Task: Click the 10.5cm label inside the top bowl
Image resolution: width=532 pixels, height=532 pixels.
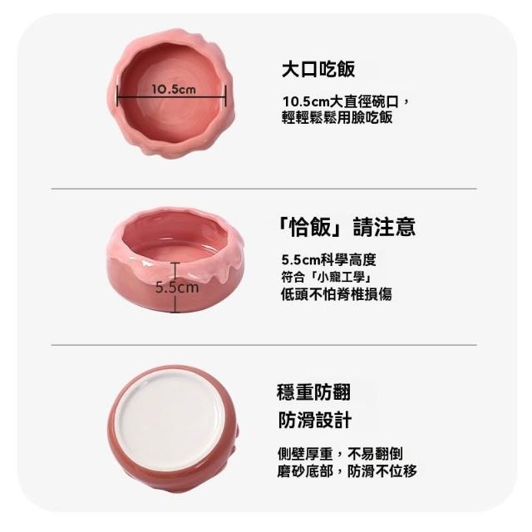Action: pyautogui.click(x=174, y=89)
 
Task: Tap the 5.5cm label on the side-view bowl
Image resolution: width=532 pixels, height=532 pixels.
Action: pyautogui.click(x=177, y=288)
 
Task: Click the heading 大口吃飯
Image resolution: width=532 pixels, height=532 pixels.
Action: pyautogui.click(x=318, y=69)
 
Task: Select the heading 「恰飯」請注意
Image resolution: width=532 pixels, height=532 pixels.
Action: pyautogui.click(x=346, y=227)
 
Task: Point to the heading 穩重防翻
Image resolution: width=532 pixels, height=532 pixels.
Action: pyautogui.click(x=313, y=392)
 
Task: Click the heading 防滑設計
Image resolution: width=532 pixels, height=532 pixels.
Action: pyautogui.click(x=315, y=420)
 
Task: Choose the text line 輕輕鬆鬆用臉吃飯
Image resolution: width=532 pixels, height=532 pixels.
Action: pyautogui.click(x=337, y=117)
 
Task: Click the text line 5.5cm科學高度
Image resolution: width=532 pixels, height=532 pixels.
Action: pyautogui.click(x=329, y=260)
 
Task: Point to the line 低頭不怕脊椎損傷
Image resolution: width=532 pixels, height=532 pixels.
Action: pyautogui.click(x=337, y=294)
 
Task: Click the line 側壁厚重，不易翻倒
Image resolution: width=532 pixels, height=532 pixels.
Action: pyautogui.click(x=340, y=454)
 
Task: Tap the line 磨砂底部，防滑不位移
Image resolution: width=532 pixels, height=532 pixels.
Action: pyautogui.click(x=347, y=470)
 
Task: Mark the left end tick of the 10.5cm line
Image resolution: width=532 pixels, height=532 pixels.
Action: pyautogui.click(x=117, y=96)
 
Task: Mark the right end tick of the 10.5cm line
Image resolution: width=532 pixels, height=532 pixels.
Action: pyautogui.click(x=225, y=96)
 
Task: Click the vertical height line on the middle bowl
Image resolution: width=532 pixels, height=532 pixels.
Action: pyautogui.click(x=175, y=287)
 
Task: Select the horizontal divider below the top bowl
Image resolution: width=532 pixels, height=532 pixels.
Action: pyautogui.click(x=264, y=189)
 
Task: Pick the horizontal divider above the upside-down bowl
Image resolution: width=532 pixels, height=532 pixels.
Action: pyautogui.click(x=264, y=345)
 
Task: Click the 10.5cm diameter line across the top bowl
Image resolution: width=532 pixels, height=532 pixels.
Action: pyautogui.click(x=171, y=96)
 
